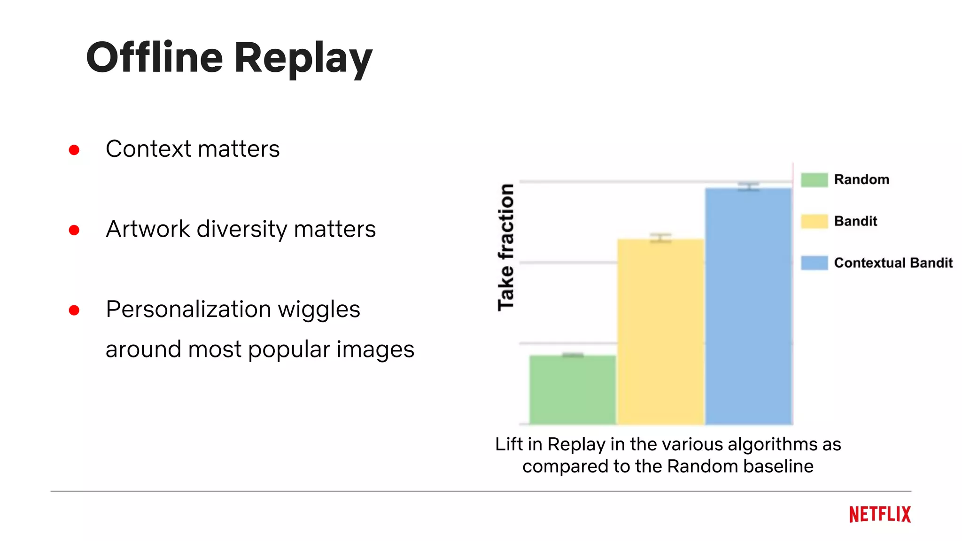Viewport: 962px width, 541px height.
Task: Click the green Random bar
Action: tap(572, 390)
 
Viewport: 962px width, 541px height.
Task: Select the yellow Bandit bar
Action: tap(660, 332)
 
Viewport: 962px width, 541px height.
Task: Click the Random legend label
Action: tap(861, 179)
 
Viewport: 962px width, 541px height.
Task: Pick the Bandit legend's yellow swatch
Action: tap(814, 221)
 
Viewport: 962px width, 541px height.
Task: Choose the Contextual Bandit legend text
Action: tap(893, 263)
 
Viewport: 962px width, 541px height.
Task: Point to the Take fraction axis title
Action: tap(506, 247)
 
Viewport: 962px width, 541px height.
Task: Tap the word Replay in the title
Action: tap(303, 58)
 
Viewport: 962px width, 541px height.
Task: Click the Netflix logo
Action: tap(880, 514)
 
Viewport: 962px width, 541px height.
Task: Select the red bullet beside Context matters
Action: tap(74, 150)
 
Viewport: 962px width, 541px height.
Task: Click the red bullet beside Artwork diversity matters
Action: tap(74, 230)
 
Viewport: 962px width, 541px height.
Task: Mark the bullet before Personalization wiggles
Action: tap(74, 310)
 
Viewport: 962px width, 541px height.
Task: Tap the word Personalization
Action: tap(188, 309)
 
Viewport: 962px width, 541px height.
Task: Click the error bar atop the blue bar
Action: tap(748, 186)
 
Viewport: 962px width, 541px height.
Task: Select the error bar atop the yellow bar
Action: tap(660, 238)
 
